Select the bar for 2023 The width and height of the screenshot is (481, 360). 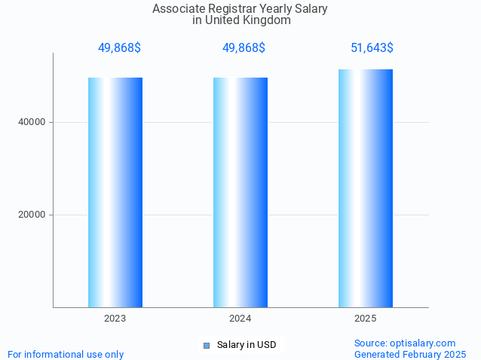pyautogui.click(x=115, y=192)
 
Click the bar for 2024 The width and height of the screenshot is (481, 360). pyautogui.click(x=240, y=192)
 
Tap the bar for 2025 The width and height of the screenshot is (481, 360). pyautogui.click(x=366, y=188)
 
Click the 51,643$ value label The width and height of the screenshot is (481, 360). pyautogui.click(x=372, y=48)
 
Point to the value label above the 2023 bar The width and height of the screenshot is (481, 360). pyautogui.click(x=119, y=48)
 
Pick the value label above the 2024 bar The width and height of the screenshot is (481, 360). pyautogui.click(x=244, y=48)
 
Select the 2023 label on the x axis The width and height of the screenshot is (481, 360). pyautogui.click(x=115, y=319)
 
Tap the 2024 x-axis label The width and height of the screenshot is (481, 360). pyautogui.click(x=240, y=319)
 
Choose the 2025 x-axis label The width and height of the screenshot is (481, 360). pyautogui.click(x=366, y=319)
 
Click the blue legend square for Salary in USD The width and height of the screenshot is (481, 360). pyautogui.click(x=207, y=346)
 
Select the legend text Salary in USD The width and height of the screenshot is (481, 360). pyautogui.click(x=247, y=345)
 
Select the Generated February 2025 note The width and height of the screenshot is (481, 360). pyautogui.click(x=410, y=354)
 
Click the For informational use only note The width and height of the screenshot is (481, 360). pyautogui.click(x=66, y=354)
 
